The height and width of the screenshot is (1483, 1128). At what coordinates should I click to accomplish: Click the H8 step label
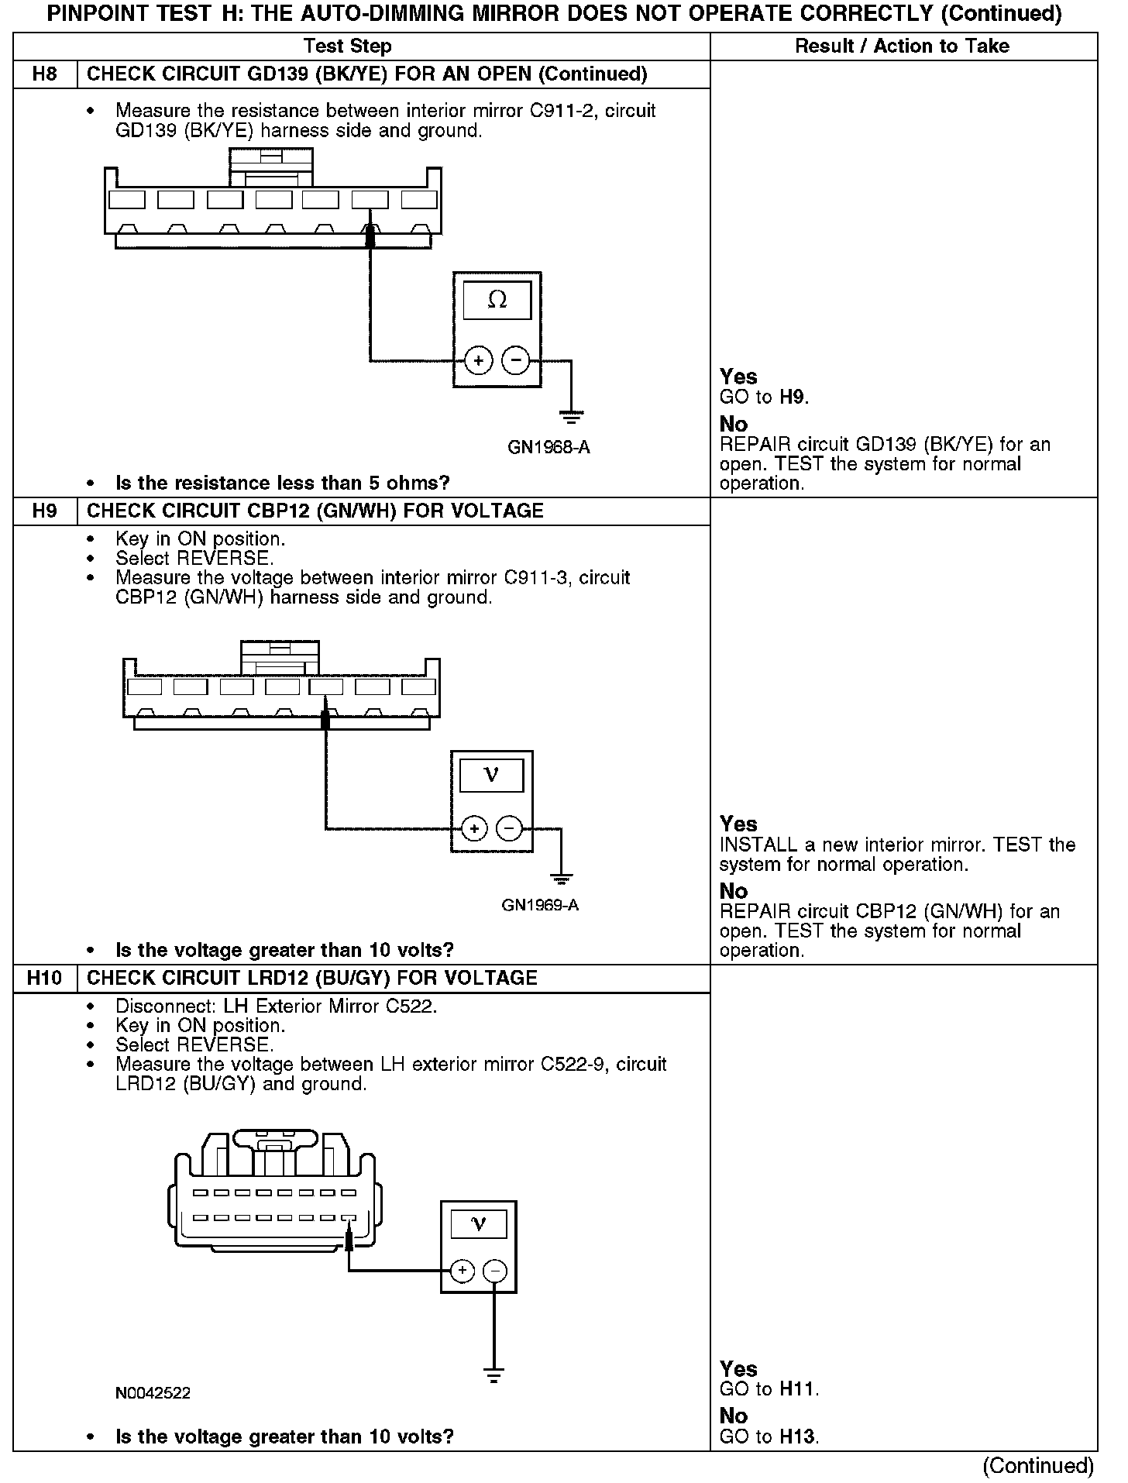(x=45, y=74)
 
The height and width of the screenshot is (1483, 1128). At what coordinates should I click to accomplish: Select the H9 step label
(x=45, y=511)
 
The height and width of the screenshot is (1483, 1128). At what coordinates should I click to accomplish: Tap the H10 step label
(x=44, y=978)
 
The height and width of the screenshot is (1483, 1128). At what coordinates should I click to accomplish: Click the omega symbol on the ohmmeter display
(x=497, y=300)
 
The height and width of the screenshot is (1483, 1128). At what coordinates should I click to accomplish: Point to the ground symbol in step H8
(x=572, y=418)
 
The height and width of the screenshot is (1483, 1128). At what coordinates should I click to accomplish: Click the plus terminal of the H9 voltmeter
(x=473, y=828)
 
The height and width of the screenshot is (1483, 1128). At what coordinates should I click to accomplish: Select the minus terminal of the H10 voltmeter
(x=494, y=1271)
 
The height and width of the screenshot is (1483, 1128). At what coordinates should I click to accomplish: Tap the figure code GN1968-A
(x=549, y=448)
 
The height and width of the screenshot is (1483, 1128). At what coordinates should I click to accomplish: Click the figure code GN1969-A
(x=540, y=905)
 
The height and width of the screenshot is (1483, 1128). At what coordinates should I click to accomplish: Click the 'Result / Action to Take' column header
(x=903, y=46)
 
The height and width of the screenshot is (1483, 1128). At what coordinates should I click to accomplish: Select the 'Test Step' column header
(x=348, y=46)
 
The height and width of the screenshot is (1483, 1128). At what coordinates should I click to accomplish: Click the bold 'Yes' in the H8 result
(x=738, y=377)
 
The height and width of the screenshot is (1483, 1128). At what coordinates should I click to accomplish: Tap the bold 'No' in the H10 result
(x=734, y=1416)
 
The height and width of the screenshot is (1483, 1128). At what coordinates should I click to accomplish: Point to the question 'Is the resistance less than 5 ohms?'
(x=282, y=483)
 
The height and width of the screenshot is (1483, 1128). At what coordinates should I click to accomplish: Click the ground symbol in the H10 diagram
(x=494, y=1376)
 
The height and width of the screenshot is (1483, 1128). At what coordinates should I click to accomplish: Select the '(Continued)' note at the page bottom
(x=1037, y=1466)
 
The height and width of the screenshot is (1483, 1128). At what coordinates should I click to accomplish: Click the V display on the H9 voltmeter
(x=491, y=775)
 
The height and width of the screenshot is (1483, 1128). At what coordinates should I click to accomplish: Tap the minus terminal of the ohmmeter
(x=516, y=360)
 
